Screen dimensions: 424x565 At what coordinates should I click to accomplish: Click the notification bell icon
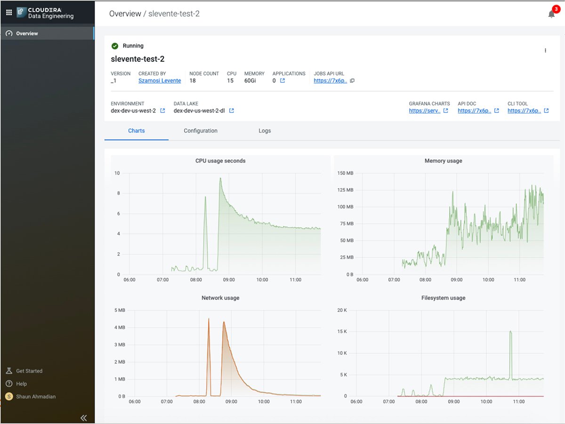(551, 14)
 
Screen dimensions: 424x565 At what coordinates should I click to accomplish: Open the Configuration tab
(201, 131)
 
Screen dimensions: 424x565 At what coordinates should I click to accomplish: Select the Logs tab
(265, 131)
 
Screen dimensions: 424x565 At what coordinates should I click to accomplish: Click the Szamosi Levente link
(160, 81)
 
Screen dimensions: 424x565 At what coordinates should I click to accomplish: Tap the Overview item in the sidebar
(27, 33)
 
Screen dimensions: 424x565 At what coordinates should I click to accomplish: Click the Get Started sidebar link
(29, 371)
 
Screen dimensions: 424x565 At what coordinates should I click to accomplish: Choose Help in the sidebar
(21, 384)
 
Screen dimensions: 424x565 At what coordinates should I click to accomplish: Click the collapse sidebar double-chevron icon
(84, 417)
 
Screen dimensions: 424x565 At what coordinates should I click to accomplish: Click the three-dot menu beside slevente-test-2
(545, 50)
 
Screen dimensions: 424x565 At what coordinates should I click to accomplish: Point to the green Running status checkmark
(114, 46)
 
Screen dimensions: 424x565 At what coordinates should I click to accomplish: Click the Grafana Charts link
(425, 111)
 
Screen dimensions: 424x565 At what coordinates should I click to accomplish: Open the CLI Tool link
(524, 111)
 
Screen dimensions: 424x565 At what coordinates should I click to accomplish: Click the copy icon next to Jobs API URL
(352, 81)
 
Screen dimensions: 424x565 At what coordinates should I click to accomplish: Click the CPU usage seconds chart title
(220, 161)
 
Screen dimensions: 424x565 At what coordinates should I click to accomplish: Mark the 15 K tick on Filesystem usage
(342, 331)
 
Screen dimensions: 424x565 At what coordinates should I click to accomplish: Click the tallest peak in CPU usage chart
(220, 179)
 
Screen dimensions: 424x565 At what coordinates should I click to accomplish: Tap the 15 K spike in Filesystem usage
(510, 332)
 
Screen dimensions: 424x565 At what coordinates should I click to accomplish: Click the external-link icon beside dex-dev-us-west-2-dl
(232, 111)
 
